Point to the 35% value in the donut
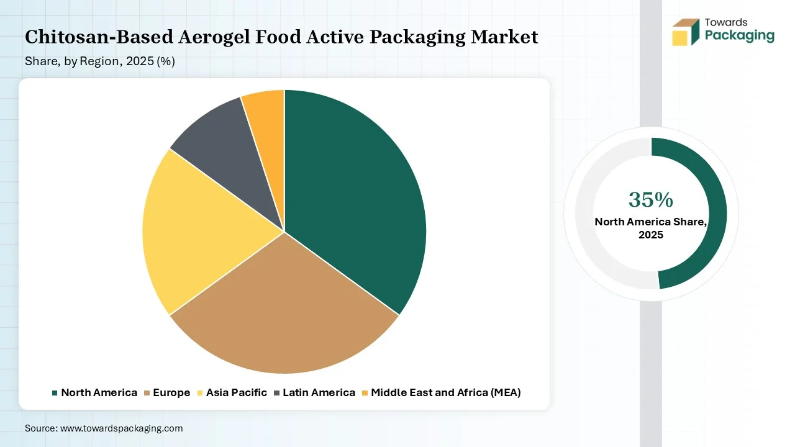[651, 200]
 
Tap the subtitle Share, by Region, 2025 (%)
[100, 61]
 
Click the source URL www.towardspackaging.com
[121, 428]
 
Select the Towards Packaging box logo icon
[685, 32]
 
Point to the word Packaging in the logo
[739, 35]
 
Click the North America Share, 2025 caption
[651, 228]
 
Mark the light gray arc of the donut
[586, 214]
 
